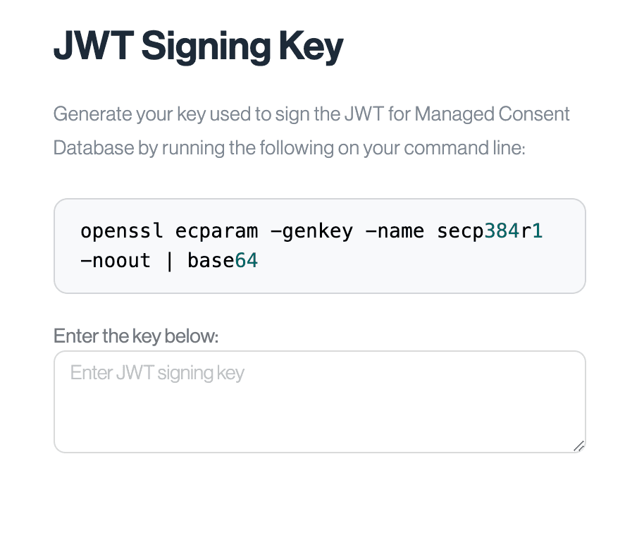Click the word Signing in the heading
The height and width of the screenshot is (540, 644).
click(206, 47)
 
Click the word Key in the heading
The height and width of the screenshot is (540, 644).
click(311, 47)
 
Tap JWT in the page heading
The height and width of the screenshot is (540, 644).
click(94, 45)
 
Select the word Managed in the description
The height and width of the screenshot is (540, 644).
click(454, 113)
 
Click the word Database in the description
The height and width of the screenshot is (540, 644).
click(94, 147)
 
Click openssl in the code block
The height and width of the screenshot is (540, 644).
click(122, 231)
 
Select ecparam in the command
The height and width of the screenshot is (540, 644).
click(217, 231)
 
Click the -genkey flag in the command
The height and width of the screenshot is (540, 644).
click(311, 232)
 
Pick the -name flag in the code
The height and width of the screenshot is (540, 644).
click(395, 231)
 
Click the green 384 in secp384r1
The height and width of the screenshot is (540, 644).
click(502, 231)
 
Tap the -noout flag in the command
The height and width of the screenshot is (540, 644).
click(116, 261)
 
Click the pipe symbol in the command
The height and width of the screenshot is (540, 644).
click(169, 262)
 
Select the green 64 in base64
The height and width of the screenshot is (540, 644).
click(247, 261)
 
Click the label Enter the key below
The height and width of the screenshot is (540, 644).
click(136, 336)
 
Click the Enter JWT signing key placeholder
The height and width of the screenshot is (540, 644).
click(157, 373)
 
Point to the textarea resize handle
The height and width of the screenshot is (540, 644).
click(579, 446)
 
